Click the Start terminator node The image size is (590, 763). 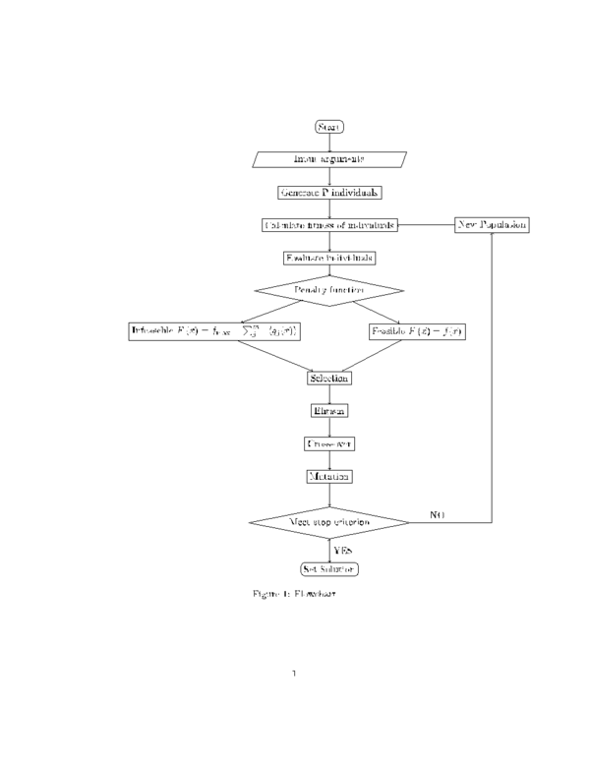[328, 127]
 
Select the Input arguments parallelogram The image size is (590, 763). [329, 159]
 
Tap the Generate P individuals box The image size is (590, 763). [329, 193]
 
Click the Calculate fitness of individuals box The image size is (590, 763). [329, 225]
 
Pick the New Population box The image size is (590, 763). [492, 225]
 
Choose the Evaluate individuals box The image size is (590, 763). [329, 258]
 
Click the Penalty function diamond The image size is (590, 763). [329, 291]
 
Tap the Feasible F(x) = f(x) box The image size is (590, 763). [416, 331]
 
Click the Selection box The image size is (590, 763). [329, 378]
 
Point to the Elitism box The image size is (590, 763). [329, 410]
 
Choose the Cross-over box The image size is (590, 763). [329, 443]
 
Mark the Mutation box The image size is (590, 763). [329, 476]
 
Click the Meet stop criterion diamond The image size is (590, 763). [329, 520]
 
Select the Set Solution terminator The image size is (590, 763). [329, 569]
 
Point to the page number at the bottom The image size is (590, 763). [295, 674]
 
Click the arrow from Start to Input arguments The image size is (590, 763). [329, 143]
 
